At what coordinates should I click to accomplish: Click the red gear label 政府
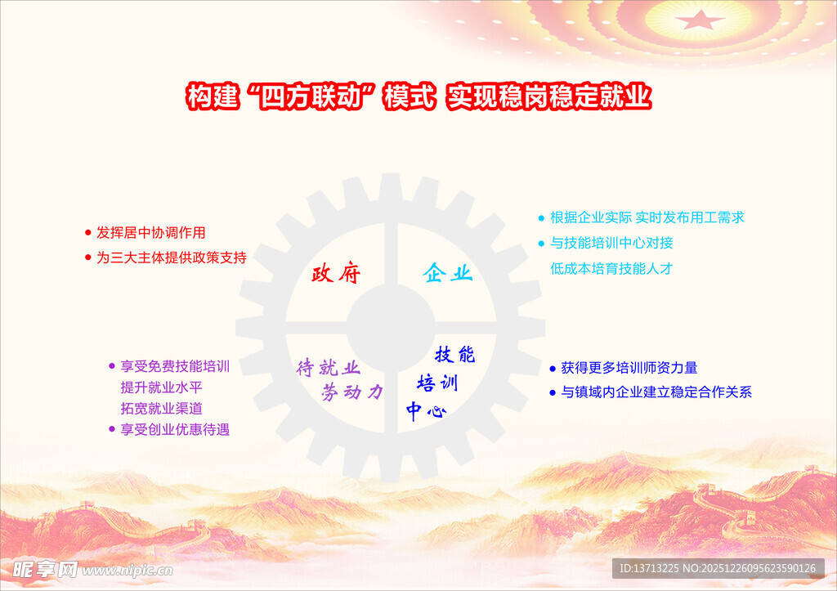pos(336,273)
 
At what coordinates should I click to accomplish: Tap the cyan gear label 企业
pos(448,273)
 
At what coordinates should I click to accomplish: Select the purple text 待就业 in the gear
pos(328,368)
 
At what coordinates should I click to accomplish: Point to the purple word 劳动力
pos(351,392)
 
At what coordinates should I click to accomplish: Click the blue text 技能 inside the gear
pos(454,355)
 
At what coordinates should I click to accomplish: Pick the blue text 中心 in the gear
pos(426,411)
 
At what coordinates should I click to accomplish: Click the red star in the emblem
pos(700,20)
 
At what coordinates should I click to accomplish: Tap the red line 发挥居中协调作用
pos(150,232)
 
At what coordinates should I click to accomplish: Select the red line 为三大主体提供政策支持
pos(171,257)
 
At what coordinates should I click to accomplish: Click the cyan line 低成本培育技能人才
pos(611,268)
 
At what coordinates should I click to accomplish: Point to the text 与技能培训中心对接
pos(611,243)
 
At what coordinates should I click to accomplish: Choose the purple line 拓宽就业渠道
pos(161,408)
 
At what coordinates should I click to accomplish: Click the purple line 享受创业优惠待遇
pos(175,429)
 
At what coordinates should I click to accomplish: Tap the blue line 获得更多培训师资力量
pos(629,368)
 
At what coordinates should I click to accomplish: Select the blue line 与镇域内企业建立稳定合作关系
pos(656,392)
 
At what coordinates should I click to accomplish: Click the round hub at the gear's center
pos(390,322)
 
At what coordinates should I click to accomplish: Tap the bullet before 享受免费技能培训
pos(112,366)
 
